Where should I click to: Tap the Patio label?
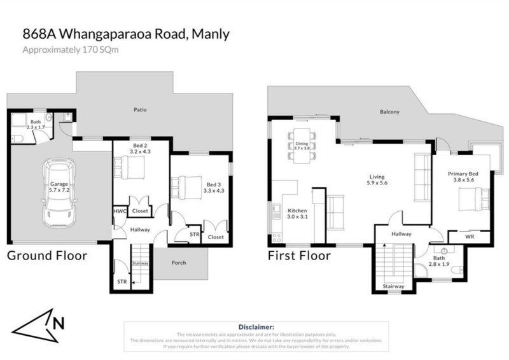pyautogui.click(x=141, y=110)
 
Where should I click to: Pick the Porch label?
pyautogui.click(x=179, y=263)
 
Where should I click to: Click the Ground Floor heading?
pyautogui.click(x=46, y=256)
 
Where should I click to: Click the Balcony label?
pyautogui.click(x=389, y=113)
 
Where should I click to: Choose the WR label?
pyautogui.click(x=469, y=237)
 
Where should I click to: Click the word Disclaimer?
pyautogui.click(x=256, y=326)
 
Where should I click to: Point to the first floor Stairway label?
pyautogui.click(x=394, y=287)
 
